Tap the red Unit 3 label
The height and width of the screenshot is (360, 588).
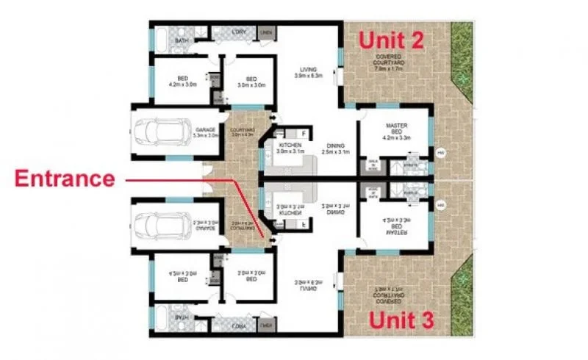coord(401,320)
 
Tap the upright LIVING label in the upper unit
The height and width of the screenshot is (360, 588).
coord(306,71)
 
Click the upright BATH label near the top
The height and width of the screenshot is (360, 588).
coord(182,41)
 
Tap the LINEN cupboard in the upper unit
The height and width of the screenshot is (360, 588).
coord(266,33)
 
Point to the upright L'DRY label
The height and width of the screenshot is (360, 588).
coord(239,32)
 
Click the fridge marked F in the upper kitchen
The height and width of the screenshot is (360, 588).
coord(304,134)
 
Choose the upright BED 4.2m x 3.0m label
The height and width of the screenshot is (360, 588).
coord(182,81)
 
